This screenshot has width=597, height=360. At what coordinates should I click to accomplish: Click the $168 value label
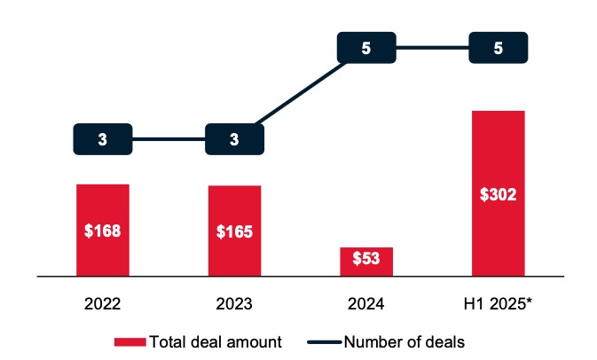tap(103, 231)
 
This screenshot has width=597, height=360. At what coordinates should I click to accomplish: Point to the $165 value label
tap(234, 232)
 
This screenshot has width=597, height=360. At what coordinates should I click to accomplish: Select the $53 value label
tap(366, 260)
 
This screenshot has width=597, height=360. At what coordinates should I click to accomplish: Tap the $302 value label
tap(498, 193)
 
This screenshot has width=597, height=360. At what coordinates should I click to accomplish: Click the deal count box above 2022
tap(103, 138)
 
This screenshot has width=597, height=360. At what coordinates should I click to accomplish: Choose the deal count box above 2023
tap(234, 138)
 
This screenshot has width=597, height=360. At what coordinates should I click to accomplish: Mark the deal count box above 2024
tap(366, 48)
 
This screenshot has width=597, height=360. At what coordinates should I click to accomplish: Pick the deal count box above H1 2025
tap(498, 48)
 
